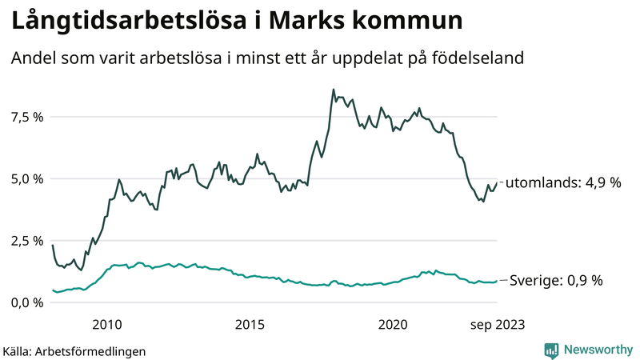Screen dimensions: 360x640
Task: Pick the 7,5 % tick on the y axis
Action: (x=26, y=117)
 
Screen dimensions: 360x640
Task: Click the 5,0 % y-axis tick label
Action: (x=26, y=178)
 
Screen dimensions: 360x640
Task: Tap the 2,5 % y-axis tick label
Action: (x=26, y=241)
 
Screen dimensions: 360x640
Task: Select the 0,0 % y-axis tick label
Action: (x=26, y=302)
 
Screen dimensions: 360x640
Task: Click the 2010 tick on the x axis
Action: (x=106, y=324)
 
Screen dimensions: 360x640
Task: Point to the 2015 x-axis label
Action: (x=250, y=324)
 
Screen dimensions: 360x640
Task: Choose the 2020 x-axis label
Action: (x=393, y=324)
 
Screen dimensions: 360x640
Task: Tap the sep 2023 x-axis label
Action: (x=497, y=324)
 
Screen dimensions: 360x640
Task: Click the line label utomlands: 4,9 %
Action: (x=564, y=182)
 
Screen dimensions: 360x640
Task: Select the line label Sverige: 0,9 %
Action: (x=556, y=281)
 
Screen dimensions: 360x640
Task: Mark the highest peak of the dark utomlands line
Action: (x=333, y=90)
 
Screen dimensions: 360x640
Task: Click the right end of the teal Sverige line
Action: (x=497, y=281)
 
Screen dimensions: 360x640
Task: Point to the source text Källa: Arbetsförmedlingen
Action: (x=74, y=351)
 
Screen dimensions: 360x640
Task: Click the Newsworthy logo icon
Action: (x=551, y=350)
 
